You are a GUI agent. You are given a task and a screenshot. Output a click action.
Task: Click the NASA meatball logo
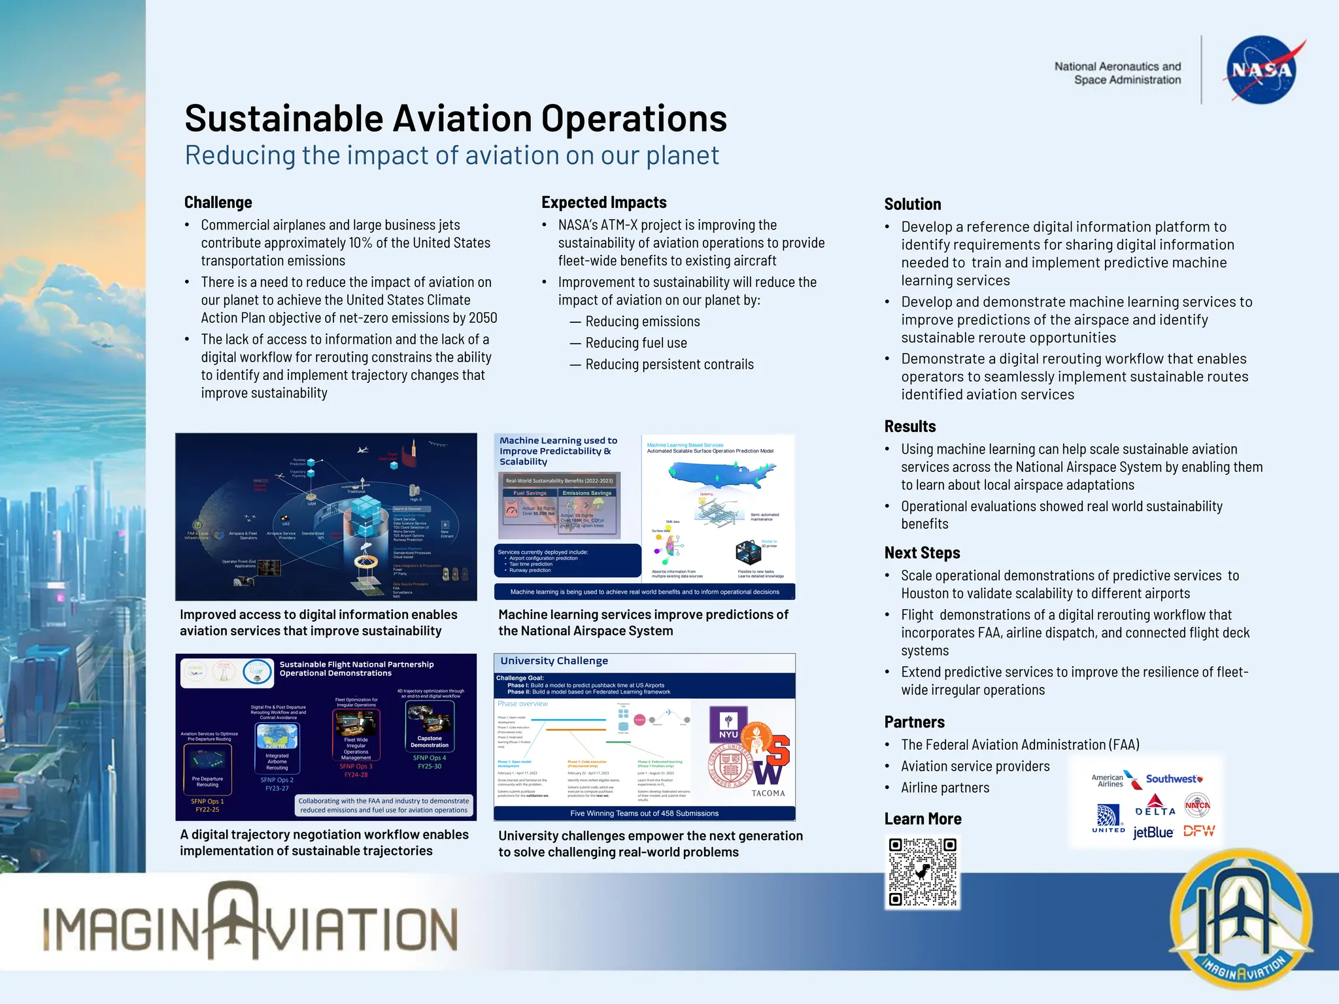pyautogui.click(x=1261, y=70)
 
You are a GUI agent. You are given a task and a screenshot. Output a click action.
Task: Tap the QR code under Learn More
pyautogui.click(x=923, y=872)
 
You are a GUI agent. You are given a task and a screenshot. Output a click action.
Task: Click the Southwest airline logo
pyautogui.click(x=1174, y=779)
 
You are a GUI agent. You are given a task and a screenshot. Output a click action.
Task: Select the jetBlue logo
pyautogui.click(x=1153, y=832)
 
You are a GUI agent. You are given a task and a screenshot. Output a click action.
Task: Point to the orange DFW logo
pyautogui.click(x=1199, y=831)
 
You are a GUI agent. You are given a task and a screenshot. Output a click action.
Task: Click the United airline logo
pyautogui.click(x=1108, y=818)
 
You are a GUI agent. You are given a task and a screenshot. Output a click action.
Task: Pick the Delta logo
pyautogui.click(x=1155, y=805)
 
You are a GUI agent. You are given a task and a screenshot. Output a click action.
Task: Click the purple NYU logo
pyautogui.click(x=728, y=725)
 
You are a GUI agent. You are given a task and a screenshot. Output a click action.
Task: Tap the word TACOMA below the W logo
pyautogui.click(x=768, y=794)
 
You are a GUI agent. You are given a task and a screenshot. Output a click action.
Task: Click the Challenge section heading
pyautogui.click(x=218, y=203)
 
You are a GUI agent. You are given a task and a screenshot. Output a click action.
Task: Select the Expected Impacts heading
pyautogui.click(x=604, y=203)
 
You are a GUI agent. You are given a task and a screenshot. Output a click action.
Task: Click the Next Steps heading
pyautogui.click(x=922, y=553)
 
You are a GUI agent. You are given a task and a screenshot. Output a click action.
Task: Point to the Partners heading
pyautogui.click(x=914, y=722)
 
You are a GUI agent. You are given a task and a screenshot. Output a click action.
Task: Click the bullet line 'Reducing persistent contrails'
pyautogui.click(x=669, y=365)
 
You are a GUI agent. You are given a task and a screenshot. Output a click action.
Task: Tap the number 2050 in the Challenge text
pyautogui.click(x=483, y=318)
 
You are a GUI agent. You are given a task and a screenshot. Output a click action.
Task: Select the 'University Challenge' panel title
pyautogui.click(x=554, y=661)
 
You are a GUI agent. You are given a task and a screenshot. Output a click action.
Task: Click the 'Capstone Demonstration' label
pyautogui.click(x=430, y=742)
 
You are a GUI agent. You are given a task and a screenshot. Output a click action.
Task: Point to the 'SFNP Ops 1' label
pyautogui.click(x=207, y=801)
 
